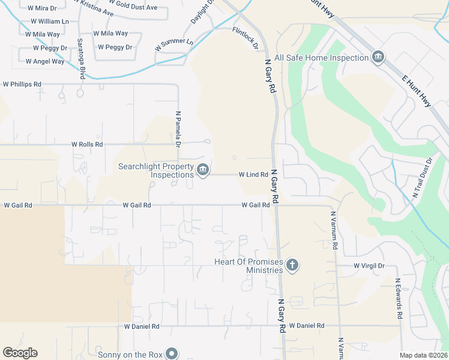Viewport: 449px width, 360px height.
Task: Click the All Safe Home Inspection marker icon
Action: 378,58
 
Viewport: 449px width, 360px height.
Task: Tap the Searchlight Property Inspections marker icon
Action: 203,170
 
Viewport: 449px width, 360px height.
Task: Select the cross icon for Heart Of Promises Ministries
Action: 292,265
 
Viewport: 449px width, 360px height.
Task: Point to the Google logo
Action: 20,353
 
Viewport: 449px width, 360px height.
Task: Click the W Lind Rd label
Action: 253,175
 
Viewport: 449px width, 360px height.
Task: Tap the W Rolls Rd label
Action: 87,145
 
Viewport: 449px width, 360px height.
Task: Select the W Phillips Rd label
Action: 22,85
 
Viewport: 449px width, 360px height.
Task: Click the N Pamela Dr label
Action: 178,128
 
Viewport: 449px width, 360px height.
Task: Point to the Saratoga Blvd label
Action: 80,59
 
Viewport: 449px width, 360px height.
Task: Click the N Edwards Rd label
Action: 397,298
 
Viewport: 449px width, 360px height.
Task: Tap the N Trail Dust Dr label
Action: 422,178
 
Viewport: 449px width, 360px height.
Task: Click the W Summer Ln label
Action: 174,44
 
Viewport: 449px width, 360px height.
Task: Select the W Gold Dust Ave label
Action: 133,7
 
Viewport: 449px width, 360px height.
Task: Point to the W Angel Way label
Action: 45,61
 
